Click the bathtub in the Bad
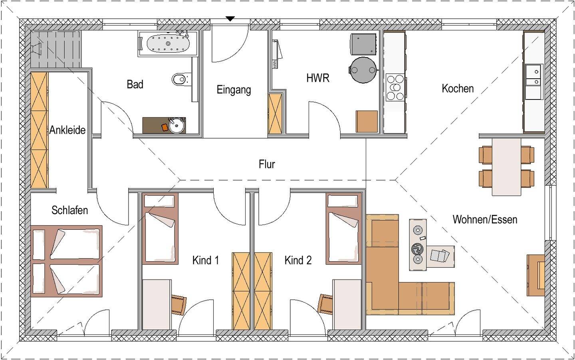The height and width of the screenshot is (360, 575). (x=168, y=44)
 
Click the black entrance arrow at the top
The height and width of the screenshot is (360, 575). (x=230, y=19)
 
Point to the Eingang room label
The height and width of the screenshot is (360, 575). (x=234, y=90)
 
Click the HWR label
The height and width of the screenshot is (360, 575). (x=317, y=78)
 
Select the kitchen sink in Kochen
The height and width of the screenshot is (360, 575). (x=533, y=82)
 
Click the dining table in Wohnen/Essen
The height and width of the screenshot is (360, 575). (x=506, y=167)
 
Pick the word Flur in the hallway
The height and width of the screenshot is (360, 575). (x=267, y=164)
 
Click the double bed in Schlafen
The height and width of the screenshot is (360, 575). (x=66, y=261)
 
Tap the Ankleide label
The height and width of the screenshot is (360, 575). (x=67, y=130)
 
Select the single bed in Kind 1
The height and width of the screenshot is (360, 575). (x=160, y=229)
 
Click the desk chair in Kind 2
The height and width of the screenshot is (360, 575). (x=325, y=304)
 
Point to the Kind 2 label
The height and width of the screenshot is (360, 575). (x=298, y=261)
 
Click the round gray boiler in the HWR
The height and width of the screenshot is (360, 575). (x=363, y=70)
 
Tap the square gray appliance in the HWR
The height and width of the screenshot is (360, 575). (x=363, y=44)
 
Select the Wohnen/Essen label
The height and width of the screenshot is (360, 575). (x=485, y=219)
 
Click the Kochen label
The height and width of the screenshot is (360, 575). (x=458, y=89)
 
